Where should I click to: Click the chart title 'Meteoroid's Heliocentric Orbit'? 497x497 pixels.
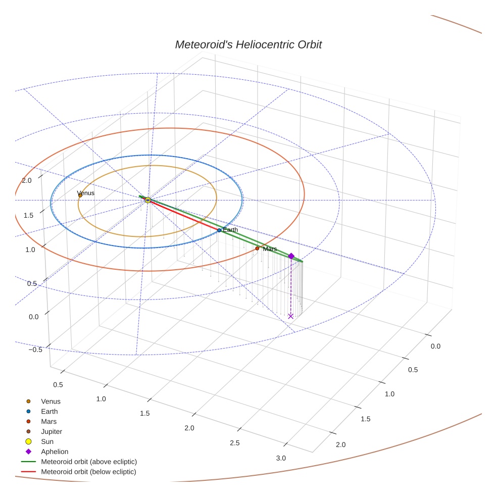pos(248,45)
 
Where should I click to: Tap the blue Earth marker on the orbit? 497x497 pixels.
pos(219,230)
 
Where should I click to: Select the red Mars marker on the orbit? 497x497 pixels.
pos(257,249)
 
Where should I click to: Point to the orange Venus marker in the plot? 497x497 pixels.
pos(80,195)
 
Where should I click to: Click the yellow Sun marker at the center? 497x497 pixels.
pos(148,201)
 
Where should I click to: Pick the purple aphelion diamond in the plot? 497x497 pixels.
pos(291,256)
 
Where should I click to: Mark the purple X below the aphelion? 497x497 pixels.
pos(290,316)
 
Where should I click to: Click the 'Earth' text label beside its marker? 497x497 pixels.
pos(230,230)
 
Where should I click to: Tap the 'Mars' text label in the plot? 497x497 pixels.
pos(270,249)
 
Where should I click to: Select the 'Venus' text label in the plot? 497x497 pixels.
pos(86,193)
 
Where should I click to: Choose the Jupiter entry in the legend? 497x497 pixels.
pos(51,432)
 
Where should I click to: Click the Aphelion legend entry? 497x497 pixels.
pos(55,452)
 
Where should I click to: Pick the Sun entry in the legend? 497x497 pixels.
pos(47,442)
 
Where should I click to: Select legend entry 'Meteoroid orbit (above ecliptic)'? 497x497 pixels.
pos(89,462)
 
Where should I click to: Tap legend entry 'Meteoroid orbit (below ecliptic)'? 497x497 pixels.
pos(89,472)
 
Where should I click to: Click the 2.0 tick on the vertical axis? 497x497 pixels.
pos(27,181)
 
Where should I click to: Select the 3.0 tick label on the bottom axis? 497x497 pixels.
pos(281,458)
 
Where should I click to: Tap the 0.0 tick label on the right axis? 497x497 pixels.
pos(435,346)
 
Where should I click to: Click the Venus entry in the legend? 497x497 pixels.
pos(51,402)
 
